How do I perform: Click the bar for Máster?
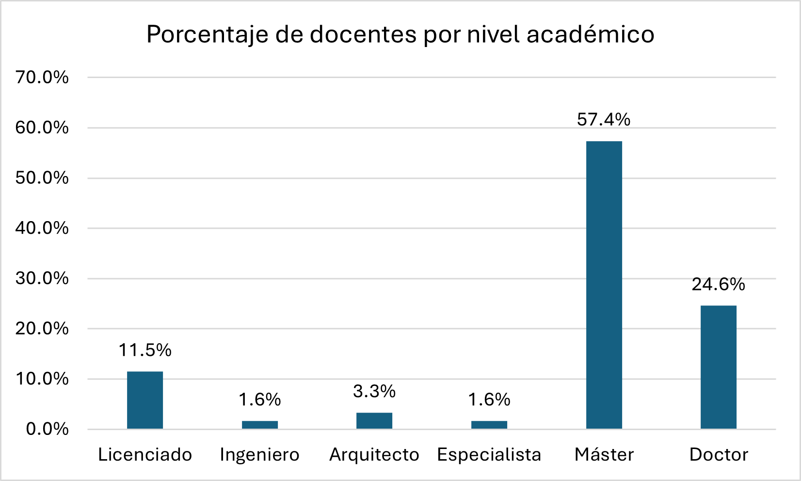(x=604, y=285)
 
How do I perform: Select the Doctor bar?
(x=718, y=367)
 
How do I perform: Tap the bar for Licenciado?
(x=145, y=400)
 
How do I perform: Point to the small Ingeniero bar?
(x=260, y=425)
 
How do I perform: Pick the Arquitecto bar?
(x=374, y=420)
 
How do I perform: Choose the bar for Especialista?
(x=489, y=425)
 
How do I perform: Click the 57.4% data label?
(x=604, y=119)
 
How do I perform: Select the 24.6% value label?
(x=718, y=284)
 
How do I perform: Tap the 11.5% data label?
(x=145, y=350)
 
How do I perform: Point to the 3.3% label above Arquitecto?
(x=374, y=391)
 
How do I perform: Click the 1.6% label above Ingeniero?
(x=260, y=400)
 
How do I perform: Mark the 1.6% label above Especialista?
(x=489, y=400)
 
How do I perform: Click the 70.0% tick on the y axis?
(x=42, y=77)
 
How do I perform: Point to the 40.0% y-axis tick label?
(x=42, y=228)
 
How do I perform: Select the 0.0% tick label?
(x=47, y=429)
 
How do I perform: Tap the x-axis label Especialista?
(x=489, y=455)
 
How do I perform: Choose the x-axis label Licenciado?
(x=145, y=455)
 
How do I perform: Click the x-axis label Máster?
(x=604, y=455)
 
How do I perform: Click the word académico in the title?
(x=590, y=34)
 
